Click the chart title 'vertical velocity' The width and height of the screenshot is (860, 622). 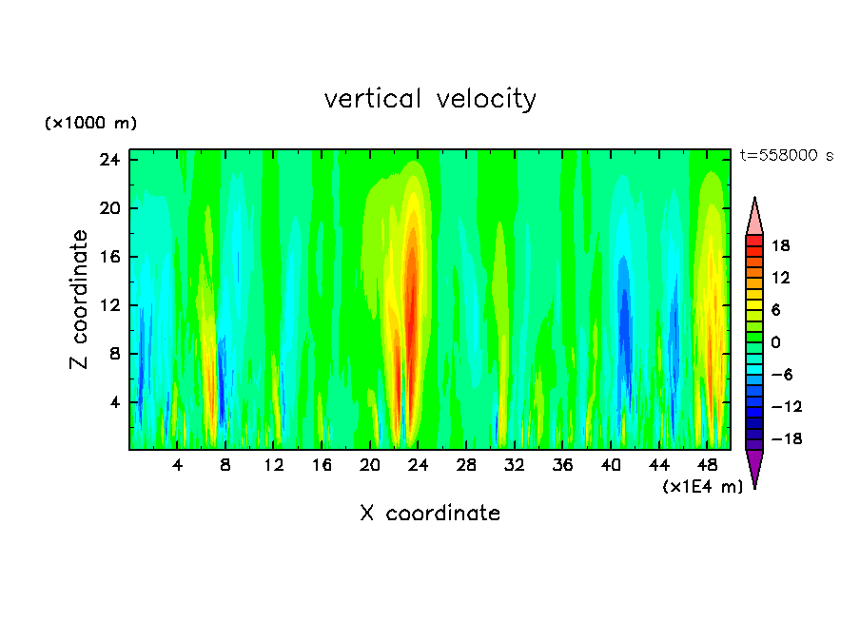point(430,99)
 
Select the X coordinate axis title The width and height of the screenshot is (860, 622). point(430,514)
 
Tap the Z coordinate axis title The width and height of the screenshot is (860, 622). point(79,300)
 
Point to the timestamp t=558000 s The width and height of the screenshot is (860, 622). point(786,156)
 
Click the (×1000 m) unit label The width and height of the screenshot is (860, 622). point(90,124)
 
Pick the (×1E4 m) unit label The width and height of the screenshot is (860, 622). point(702,487)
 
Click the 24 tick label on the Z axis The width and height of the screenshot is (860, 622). point(110,160)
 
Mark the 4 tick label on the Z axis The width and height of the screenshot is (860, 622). point(114,402)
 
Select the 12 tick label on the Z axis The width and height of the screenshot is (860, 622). point(110,305)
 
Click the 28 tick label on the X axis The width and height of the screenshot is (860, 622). point(466,465)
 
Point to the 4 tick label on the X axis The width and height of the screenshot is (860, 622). point(178,465)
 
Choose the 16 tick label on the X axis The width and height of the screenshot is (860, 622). point(322,465)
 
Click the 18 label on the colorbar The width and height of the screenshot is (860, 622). point(780,245)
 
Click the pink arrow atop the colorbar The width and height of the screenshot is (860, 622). point(754,217)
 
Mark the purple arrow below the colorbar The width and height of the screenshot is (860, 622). point(754,467)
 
